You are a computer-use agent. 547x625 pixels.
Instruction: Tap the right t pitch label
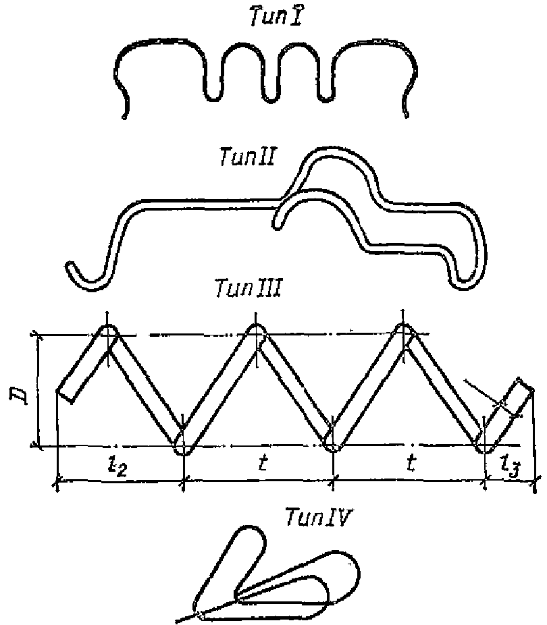(x=411, y=463)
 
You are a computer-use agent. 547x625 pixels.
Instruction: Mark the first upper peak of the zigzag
(x=107, y=331)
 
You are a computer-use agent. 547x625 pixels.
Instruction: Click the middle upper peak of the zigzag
(x=255, y=330)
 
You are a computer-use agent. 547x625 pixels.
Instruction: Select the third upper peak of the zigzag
(x=403, y=330)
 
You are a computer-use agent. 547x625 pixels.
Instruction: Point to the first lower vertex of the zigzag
(x=182, y=447)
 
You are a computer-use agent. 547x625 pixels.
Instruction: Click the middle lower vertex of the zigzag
(x=332, y=445)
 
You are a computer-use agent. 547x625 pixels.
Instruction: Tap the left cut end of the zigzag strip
(x=64, y=396)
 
